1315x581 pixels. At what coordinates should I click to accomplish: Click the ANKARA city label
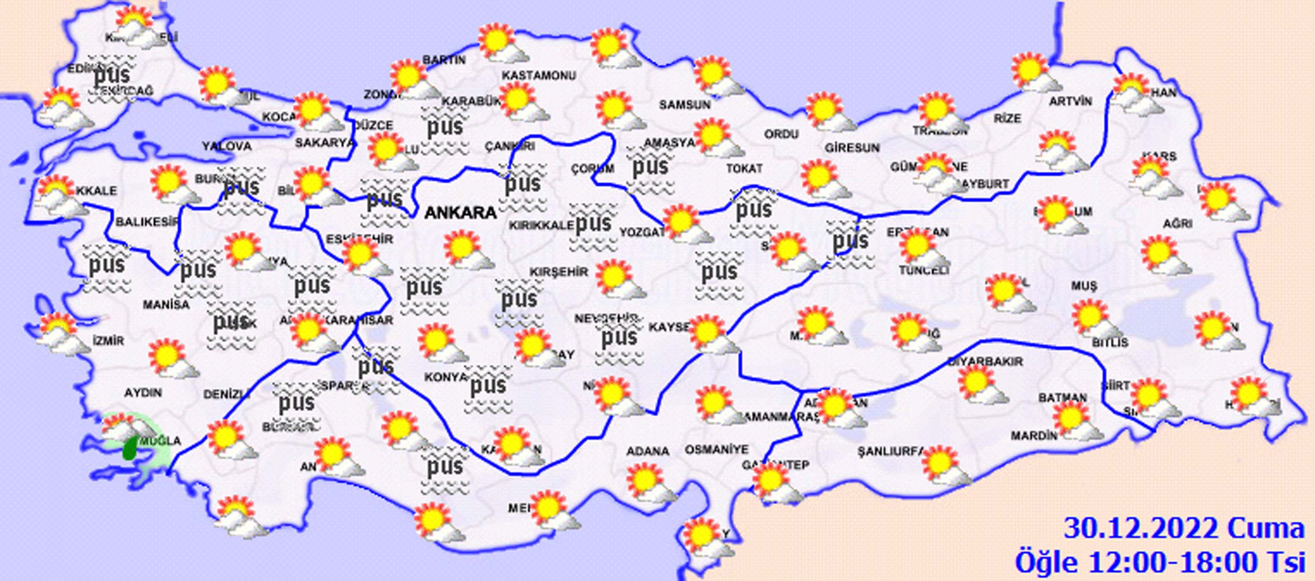(460, 212)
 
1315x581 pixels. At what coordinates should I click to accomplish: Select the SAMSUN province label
(685, 105)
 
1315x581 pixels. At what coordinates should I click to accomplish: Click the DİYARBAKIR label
(985, 362)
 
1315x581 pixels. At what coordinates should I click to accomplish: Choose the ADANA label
(648, 451)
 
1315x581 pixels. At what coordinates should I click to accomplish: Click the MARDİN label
(1034, 436)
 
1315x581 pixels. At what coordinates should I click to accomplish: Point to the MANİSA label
(166, 305)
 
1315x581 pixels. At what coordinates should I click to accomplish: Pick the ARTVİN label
(1070, 102)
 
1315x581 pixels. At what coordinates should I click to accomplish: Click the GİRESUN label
(852, 148)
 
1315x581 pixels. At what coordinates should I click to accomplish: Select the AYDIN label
(143, 392)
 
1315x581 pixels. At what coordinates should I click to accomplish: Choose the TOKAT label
(744, 168)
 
